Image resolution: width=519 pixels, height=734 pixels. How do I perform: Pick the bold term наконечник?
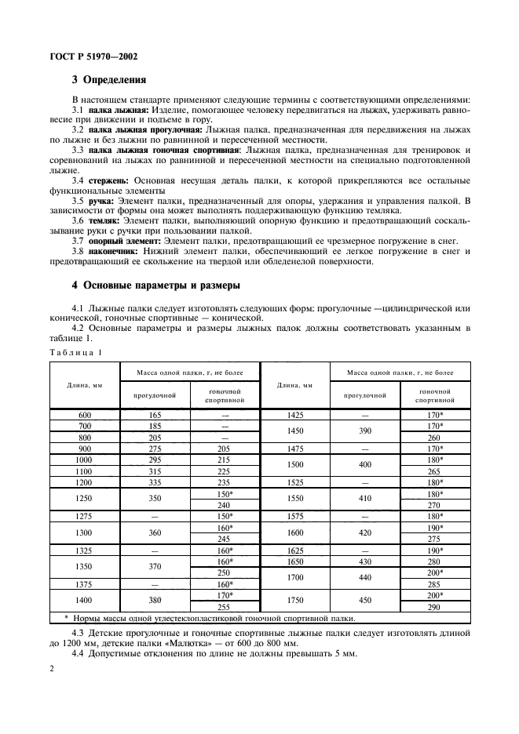pyautogui.click(x=119, y=251)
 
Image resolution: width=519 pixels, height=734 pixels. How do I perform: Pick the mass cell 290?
pyautogui.click(x=435, y=608)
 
